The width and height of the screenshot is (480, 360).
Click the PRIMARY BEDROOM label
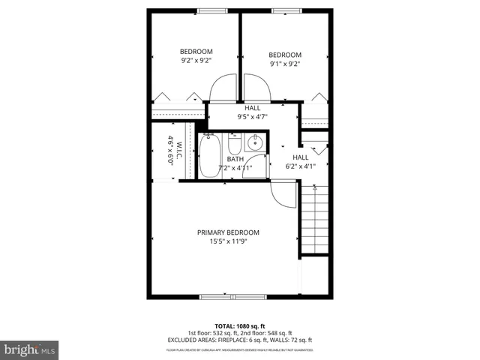click(x=228, y=232)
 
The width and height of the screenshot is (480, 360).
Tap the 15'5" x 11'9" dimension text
click(x=228, y=241)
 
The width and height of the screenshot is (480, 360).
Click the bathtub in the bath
click(x=210, y=156)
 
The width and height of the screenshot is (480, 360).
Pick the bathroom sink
click(x=256, y=142)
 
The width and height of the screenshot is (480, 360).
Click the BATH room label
click(x=235, y=159)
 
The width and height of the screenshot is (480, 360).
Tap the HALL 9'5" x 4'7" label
click(x=252, y=112)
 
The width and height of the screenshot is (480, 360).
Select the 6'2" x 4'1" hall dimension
click(x=300, y=166)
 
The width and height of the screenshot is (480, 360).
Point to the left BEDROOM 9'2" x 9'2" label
click(x=196, y=55)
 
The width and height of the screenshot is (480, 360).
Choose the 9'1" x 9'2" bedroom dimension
click(x=285, y=64)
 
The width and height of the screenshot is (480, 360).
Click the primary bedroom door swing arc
click(x=282, y=196)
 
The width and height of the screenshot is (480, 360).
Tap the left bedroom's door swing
click(x=223, y=89)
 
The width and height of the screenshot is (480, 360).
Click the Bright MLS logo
click(x=30, y=349)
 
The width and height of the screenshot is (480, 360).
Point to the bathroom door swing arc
click(x=257, y=167)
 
